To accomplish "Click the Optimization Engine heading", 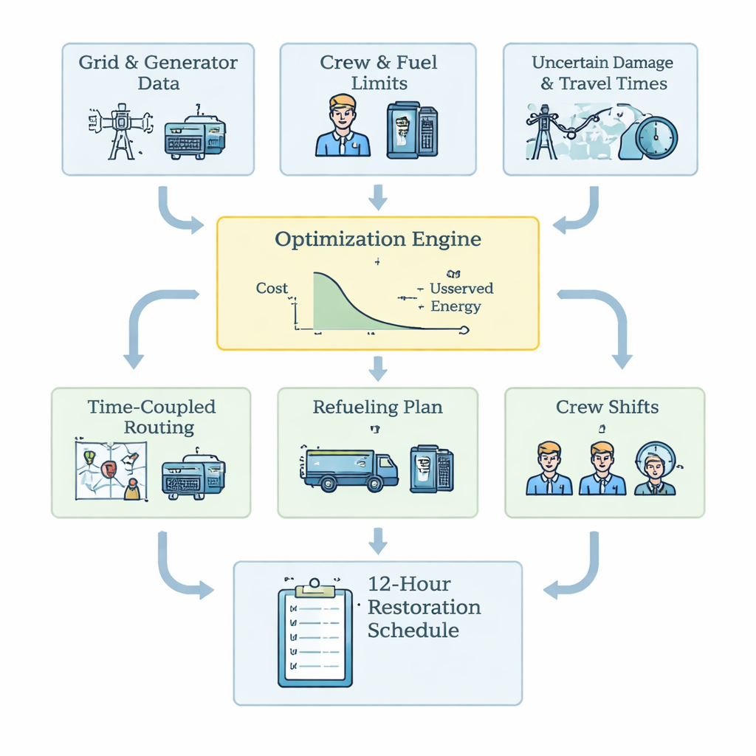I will [377, 239].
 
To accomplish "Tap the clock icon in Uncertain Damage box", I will [656, 137].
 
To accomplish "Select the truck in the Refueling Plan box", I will [349, 470].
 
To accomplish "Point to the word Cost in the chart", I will [272, 289].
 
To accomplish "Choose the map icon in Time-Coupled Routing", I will [111, 470].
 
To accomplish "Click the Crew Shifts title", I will [608, 407].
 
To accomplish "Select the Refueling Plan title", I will [377, 407].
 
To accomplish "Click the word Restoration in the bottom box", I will [424, 608].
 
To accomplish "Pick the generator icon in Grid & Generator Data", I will [195, 137].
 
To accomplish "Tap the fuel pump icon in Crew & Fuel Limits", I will [412, 130].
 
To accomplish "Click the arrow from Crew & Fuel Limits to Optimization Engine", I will [378, 196].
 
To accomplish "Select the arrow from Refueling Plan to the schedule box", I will [378, 540].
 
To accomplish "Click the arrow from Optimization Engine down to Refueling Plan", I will [378, 368].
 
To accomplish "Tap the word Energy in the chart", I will [456, 306].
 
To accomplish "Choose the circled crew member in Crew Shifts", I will [654, 470].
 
